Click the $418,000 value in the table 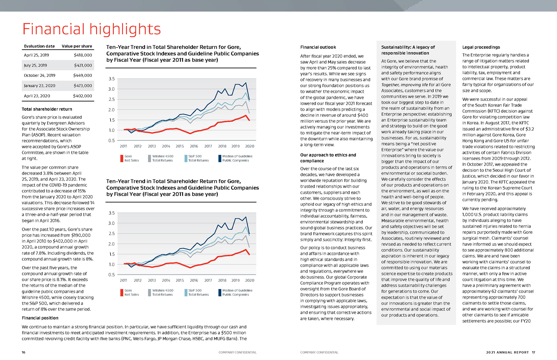[x=83, y=55]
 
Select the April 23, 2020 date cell [x=37, y=96]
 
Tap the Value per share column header [x=77, y=46]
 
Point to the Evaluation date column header [x=39, y=46]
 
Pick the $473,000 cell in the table [x=83, y=86]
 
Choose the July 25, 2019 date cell [x=35, y=66]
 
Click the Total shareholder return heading [x=47, y=109]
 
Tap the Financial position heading [x=40, y=318]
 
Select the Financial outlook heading [x=318, y=47]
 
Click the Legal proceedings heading [x=481, y=47]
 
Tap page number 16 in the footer [x=23, y=352]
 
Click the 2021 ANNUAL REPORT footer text [x=507, y=352]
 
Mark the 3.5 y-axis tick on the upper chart [x=112, y=79]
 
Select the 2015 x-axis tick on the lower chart [x=180, y=280]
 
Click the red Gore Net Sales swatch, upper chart [x=122, y=158]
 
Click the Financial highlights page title [x=91, y=29]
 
